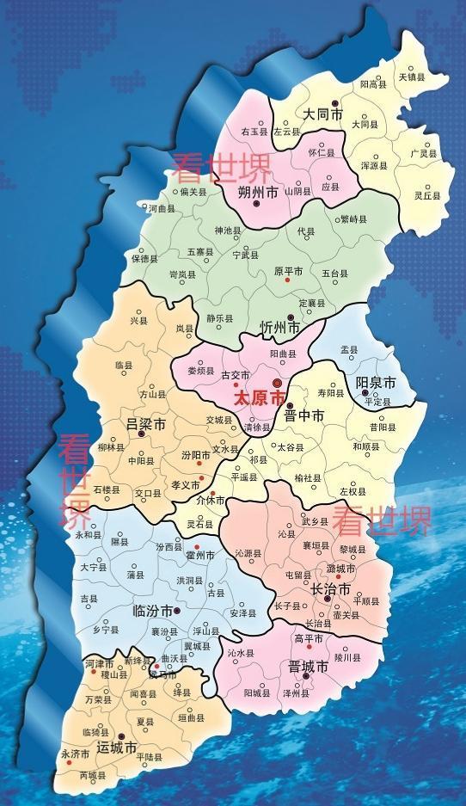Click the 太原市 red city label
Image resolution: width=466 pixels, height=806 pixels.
[x=259, y=399]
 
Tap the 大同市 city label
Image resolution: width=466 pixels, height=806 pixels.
[x=323, y=114]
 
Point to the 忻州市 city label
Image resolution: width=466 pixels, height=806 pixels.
[x=279, y=328]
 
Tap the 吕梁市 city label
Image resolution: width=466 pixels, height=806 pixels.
[x=145, y=424]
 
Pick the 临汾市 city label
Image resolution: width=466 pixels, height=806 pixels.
[x=152, y=612]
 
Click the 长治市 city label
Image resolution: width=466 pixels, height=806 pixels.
[x=330, y=590]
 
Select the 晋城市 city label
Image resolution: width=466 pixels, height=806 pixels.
[x=308, y=668]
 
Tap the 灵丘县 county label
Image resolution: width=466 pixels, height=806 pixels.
[x=427, y=196]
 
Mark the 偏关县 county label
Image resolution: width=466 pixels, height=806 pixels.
[x=192, y=192]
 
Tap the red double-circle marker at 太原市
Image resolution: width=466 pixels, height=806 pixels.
[x=277, y=384]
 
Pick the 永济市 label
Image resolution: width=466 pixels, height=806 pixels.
[x=75, y=754]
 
